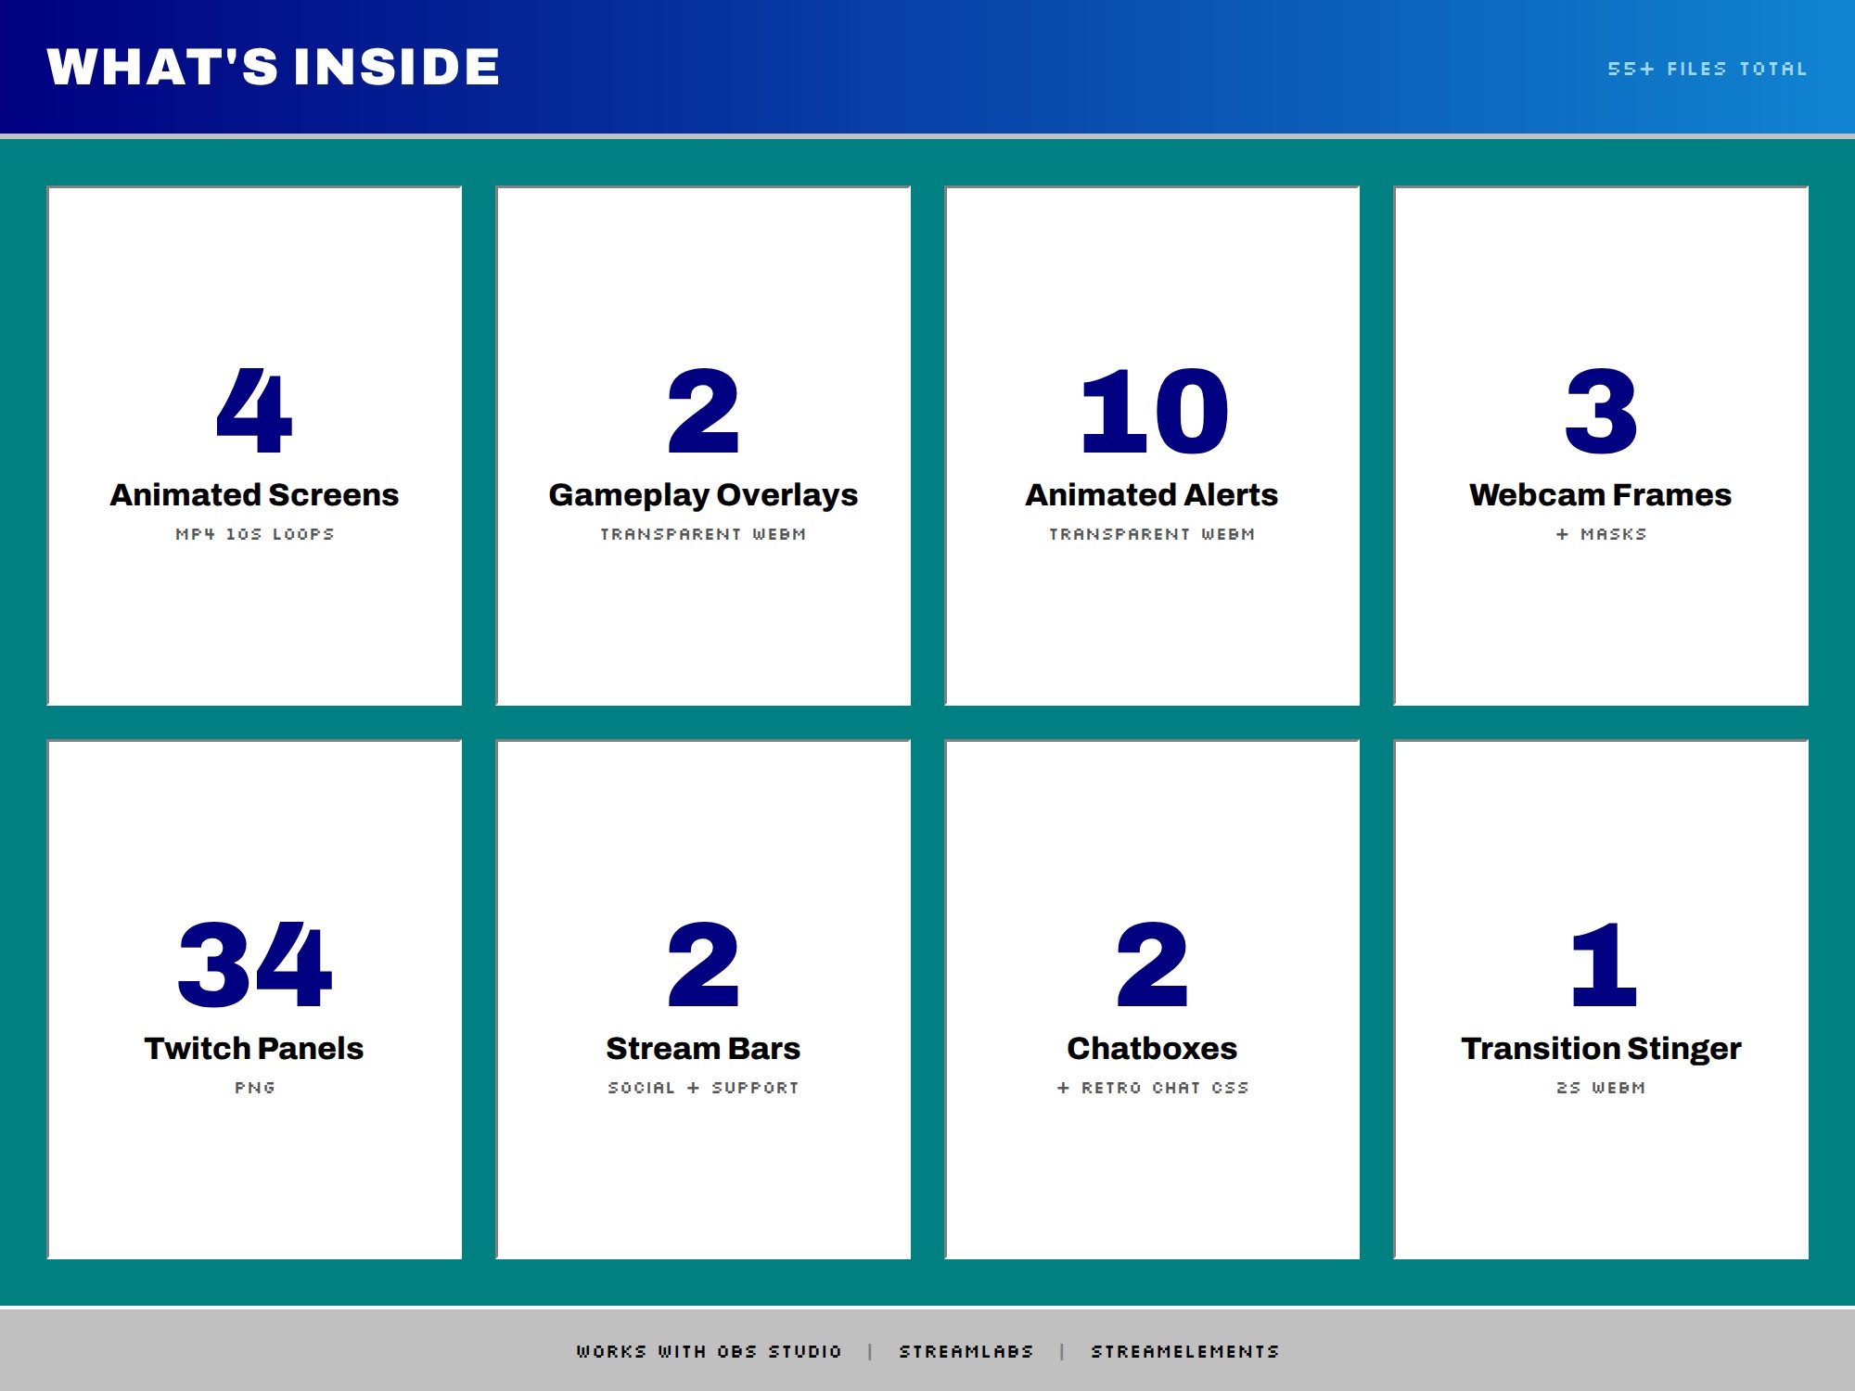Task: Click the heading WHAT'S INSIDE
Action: coord(274,67)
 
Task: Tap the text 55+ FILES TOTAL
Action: coord(1708,69)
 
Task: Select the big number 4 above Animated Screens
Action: coord(254,411)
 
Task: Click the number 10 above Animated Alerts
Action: coord(1154,411)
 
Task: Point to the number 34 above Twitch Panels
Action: coord(254,964)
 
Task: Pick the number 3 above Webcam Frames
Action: coord(1601,411)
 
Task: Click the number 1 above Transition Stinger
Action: coord(1604,964)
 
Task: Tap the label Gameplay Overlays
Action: coord(703,495)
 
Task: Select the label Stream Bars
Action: coord(703,1048)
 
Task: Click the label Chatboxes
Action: coord(1152,1048)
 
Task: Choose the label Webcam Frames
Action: coord(1601,494)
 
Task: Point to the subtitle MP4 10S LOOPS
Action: coord(255,534)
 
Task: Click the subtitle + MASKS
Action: coord(1602,534)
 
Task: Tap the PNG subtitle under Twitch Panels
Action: coord(255,1088)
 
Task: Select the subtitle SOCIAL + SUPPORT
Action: coord(703,1088)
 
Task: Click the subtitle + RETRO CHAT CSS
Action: coord(1153,1088)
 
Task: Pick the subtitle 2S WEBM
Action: coord(1601,1088)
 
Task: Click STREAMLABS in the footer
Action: coord(966,1352)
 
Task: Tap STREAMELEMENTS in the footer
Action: coord(1185,1352)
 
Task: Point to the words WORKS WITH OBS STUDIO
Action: coord(710,1352)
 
